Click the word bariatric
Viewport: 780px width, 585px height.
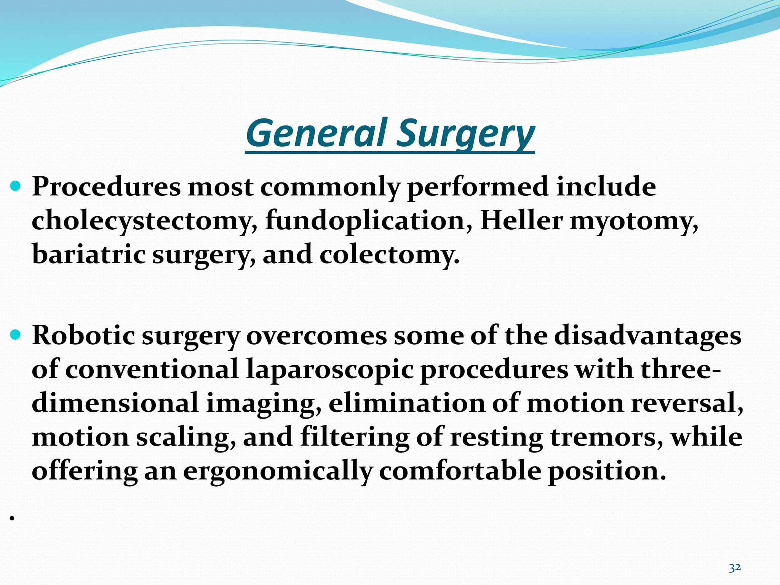tap(88, 254)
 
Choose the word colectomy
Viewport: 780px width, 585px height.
tap(389, 254)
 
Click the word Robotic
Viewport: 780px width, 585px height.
tap(83, 336)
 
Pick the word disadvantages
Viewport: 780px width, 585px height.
tap(647, 336)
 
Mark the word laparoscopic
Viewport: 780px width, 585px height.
tap(329, 370)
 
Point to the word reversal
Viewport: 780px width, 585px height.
tap(687, 403)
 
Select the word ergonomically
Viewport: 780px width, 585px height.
tap(277, 471)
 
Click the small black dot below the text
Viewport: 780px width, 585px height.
tap(12, 518)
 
